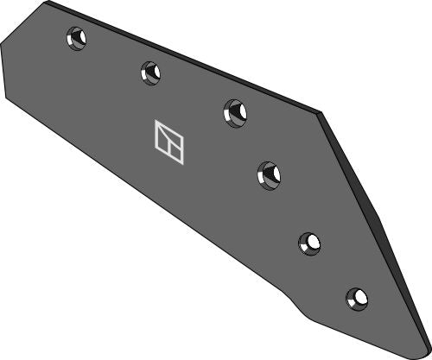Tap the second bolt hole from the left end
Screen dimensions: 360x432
tap(150, 72)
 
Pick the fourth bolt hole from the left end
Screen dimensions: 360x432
tap(269, 174)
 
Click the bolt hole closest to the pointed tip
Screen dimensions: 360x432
tap(356, 298)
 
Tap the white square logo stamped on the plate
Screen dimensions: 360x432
tap(168, 141)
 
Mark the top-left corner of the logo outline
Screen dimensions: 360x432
tap(156, 122)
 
